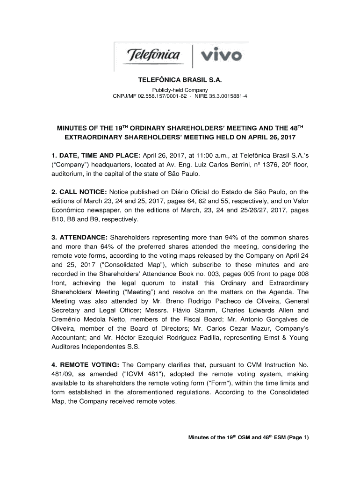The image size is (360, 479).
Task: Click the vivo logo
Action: [x=221, y=56]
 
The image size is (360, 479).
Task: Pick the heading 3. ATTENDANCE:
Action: [x=79, y=238]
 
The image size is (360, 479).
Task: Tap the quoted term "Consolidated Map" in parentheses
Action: [x=110, y=265]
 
